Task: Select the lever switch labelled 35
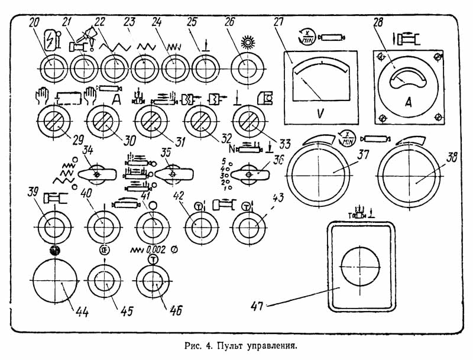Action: tap(173, 174)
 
